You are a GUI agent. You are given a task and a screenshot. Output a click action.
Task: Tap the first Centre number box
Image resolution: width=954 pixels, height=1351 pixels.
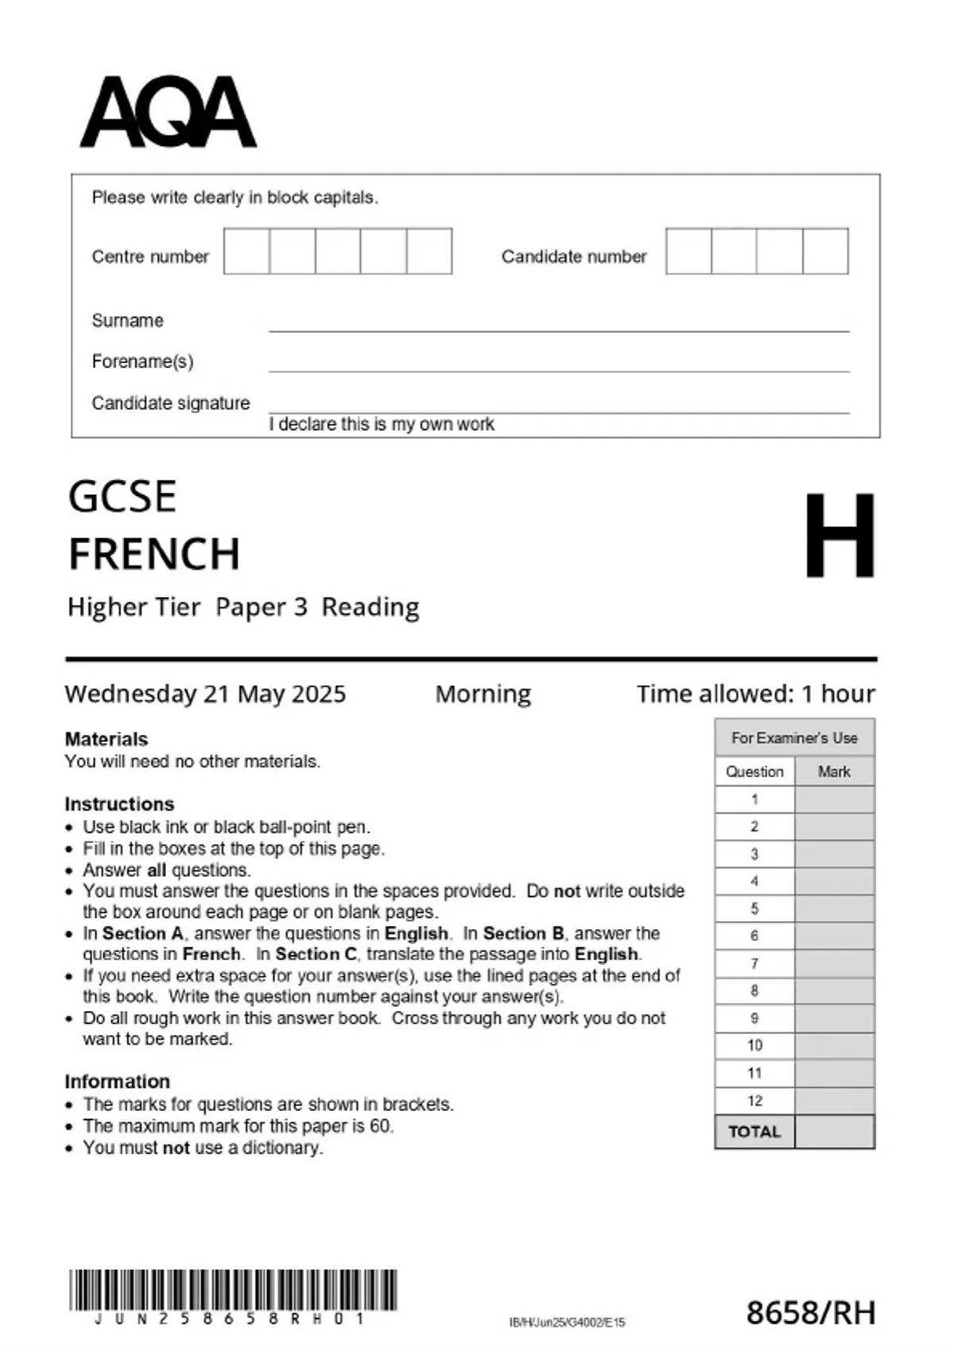[246, 251]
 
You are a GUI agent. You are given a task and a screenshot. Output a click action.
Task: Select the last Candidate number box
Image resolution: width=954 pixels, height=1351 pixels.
[825, 251]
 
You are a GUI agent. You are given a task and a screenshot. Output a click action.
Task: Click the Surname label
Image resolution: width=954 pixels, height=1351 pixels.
[127, 320]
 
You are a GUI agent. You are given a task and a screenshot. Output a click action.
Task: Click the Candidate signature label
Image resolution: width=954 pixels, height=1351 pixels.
[170, 403]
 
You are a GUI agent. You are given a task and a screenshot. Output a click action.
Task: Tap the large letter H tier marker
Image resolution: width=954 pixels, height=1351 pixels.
[839, 536]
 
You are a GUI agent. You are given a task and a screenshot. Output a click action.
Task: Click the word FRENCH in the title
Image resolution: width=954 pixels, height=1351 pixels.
[154, 554]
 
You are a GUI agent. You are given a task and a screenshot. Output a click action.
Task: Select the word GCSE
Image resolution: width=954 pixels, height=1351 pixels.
[122, 497]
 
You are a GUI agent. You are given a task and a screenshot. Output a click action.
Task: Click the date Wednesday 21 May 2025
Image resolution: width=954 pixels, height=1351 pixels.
[205, 694]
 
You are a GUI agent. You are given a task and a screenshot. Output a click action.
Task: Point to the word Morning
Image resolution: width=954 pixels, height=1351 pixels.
[483, 694]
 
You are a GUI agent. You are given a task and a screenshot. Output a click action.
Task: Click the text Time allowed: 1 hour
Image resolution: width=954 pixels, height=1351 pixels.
[755, 694]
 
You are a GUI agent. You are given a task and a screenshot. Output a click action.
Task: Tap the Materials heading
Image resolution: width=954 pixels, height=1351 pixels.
[106, 739]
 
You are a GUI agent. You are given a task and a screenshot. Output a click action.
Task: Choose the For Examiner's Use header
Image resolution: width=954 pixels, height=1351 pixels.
[794, 737]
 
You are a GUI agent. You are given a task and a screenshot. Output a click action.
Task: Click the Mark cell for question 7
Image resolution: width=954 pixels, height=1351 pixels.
[834, 963]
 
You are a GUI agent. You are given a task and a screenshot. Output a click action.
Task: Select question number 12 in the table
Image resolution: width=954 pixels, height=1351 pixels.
[754, 1101]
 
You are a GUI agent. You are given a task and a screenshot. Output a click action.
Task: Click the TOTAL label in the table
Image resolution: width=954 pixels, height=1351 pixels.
[754, 1132]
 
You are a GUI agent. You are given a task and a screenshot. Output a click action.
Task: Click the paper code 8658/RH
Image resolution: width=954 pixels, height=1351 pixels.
[810, 1313]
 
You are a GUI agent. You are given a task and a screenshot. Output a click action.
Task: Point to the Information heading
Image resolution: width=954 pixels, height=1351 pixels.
[117, 1082]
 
